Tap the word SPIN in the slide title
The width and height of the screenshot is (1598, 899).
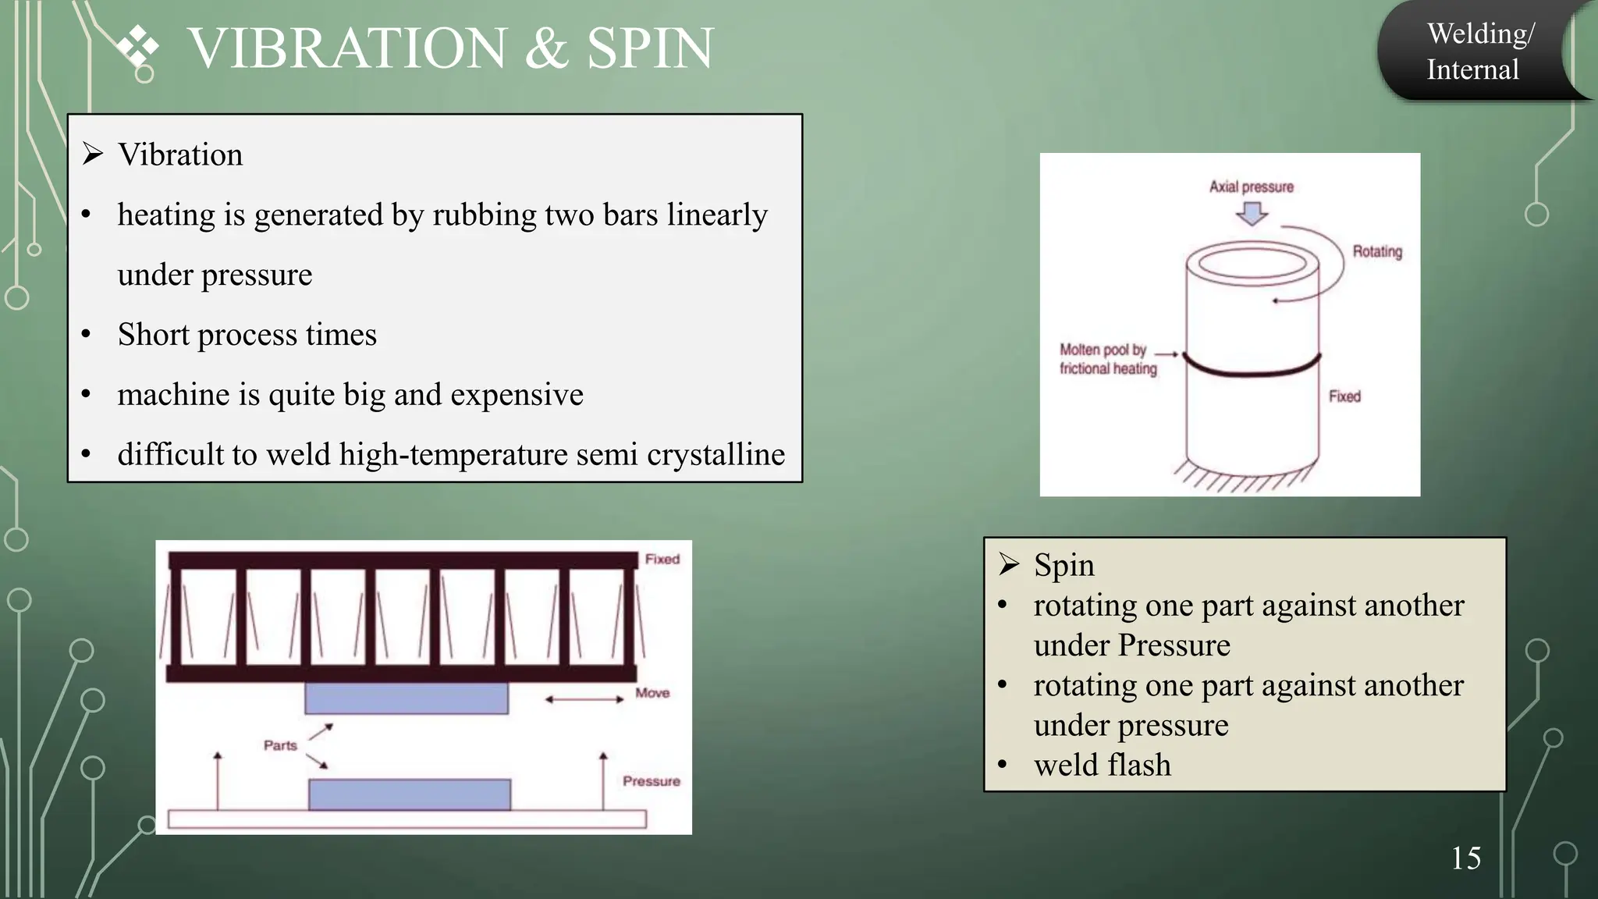649,48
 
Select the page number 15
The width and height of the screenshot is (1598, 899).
1465,858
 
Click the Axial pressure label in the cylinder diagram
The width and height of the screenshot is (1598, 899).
1251,187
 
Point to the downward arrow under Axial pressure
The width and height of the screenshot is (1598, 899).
1252,213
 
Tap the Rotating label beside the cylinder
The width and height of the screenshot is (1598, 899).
1377,252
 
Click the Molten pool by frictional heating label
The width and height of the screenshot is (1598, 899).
1107,359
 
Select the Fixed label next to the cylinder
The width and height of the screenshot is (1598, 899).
1344,396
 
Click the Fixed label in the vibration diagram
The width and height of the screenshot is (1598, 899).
662,560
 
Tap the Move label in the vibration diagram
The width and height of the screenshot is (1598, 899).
652,693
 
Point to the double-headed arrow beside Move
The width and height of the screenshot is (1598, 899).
584,699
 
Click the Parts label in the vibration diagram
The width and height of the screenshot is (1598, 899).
280,746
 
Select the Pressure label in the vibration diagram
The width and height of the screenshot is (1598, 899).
651,782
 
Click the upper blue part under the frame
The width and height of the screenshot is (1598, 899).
406,698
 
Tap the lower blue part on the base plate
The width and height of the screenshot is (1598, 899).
410,794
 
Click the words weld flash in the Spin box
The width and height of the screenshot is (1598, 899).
1102,766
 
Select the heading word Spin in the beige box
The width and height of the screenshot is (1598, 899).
1064,565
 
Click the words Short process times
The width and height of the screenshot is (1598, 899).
247,335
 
